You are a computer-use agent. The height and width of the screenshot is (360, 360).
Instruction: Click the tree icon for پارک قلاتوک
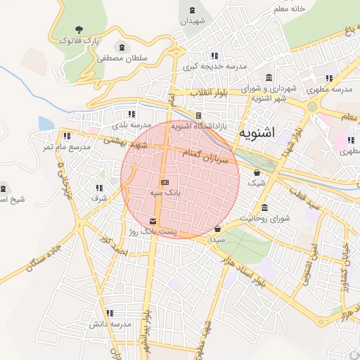(79, 30)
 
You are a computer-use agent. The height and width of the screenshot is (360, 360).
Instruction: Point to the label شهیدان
(193, 22)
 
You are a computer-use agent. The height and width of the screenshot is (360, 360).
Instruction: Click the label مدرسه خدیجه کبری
(215, 67)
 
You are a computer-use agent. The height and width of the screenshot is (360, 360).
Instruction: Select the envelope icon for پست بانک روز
(153, 221)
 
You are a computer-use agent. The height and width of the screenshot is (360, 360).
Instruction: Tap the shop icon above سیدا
(217, 229)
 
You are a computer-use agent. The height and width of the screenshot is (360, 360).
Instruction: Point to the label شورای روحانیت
(265, 219)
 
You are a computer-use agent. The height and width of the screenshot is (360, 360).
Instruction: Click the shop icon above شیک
(257, 172)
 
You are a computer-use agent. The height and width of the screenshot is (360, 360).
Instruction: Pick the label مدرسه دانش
(110, 324)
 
